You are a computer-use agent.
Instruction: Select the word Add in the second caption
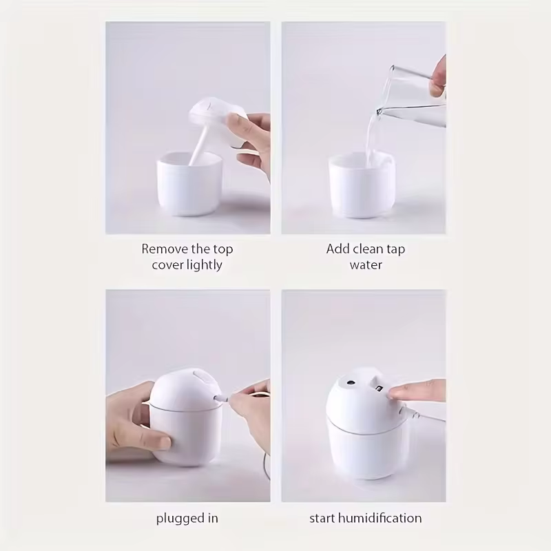337,249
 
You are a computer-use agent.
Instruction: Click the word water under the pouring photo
365,265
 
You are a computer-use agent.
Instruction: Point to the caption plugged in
187,518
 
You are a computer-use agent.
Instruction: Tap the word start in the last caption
324,518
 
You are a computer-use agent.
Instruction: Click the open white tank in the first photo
189,186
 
